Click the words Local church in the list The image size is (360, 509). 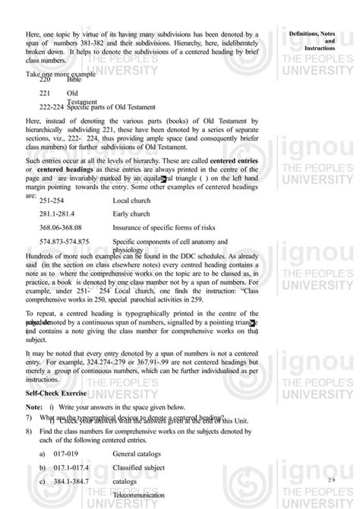tap(132, 200)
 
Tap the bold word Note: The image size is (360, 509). tap(33, 408)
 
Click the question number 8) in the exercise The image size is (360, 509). tap(28, 431)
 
